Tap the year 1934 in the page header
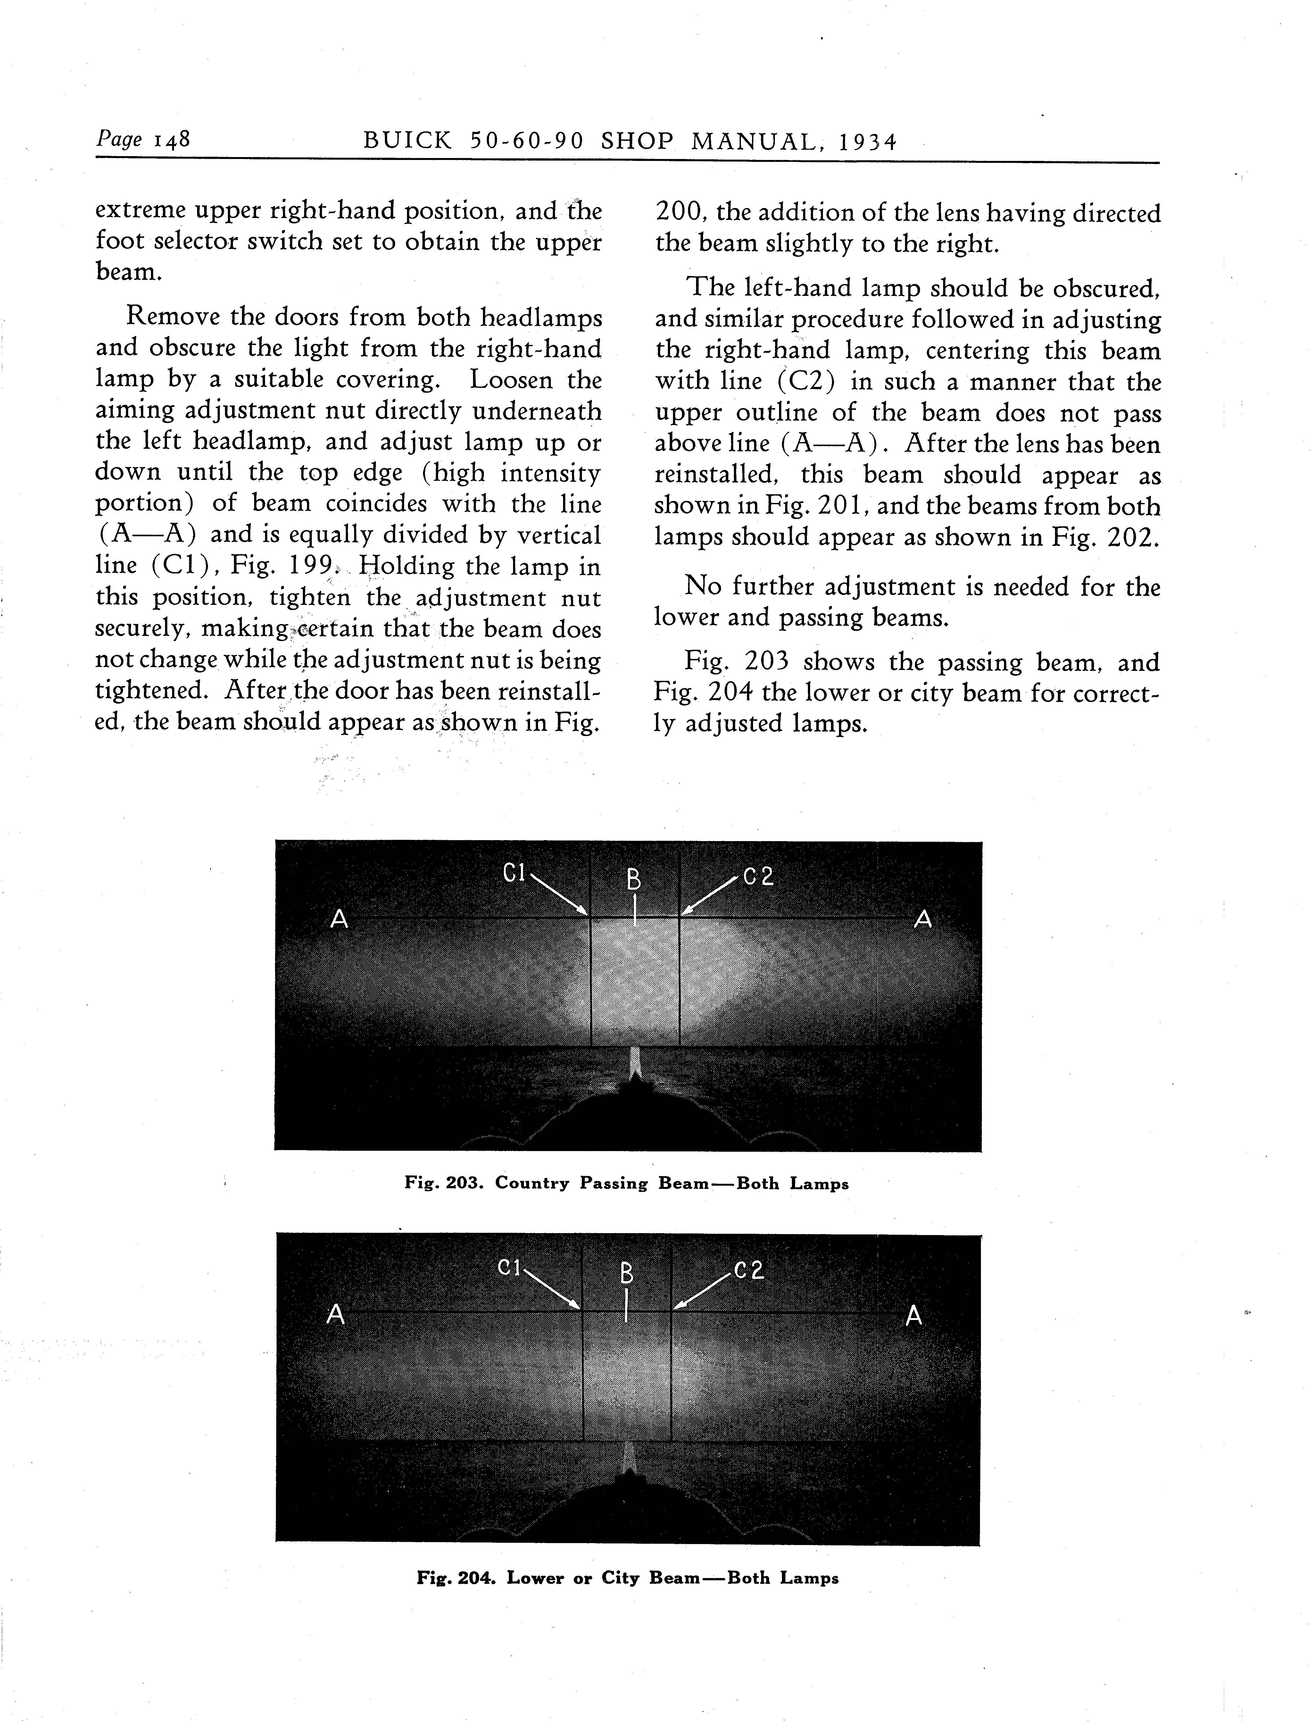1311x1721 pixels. point(868,142)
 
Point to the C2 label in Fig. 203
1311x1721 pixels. point(758,877)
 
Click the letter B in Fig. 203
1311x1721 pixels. point(634,881)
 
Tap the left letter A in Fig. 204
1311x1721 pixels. point(336,1315)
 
